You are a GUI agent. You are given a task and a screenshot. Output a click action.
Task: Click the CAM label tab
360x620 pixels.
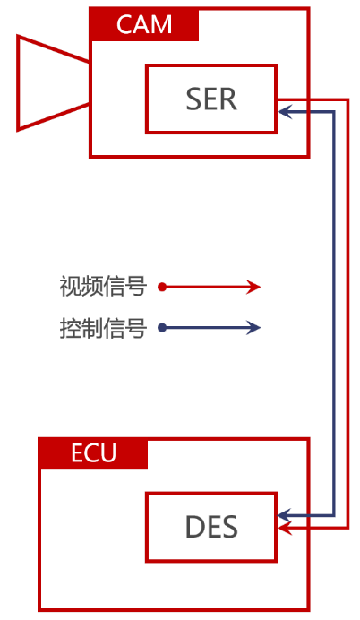tap(144, 24)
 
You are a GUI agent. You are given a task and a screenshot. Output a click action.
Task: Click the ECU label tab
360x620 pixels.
tap(93, 453)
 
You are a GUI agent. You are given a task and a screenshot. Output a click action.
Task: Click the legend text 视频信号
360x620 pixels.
tap(103, 287)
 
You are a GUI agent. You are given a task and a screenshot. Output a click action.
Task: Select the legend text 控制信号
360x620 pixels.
tap(103, 328)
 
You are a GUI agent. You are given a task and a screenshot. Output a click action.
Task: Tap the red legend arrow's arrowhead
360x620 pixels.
tap(253, 287)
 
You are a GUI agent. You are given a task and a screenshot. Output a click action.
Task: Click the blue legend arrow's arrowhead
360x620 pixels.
tap(253, 327)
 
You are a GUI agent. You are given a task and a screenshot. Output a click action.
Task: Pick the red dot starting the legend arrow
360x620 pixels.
tap(162, 287)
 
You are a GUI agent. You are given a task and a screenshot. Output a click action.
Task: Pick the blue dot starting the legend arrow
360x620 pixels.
tap(162, 327)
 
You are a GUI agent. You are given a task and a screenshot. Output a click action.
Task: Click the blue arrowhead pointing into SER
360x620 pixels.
tap(285, 112)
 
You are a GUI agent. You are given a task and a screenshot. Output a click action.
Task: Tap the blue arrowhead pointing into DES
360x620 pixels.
tap(285, 515)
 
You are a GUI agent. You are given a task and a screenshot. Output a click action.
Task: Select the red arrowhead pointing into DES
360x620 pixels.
tap(285, 528)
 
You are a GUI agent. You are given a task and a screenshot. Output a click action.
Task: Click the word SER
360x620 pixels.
tap(211, 99)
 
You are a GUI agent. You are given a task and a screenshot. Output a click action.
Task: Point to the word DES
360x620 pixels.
tap(211, 527)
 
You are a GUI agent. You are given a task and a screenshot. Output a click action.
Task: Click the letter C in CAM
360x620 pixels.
tap(124, 24)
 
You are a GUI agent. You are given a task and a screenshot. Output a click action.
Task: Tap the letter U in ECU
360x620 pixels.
tap(108, 453)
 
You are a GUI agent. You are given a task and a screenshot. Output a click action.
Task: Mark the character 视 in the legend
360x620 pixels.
tap(71, 287)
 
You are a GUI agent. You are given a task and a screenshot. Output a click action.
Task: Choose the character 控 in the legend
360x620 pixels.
tap(71, 328)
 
